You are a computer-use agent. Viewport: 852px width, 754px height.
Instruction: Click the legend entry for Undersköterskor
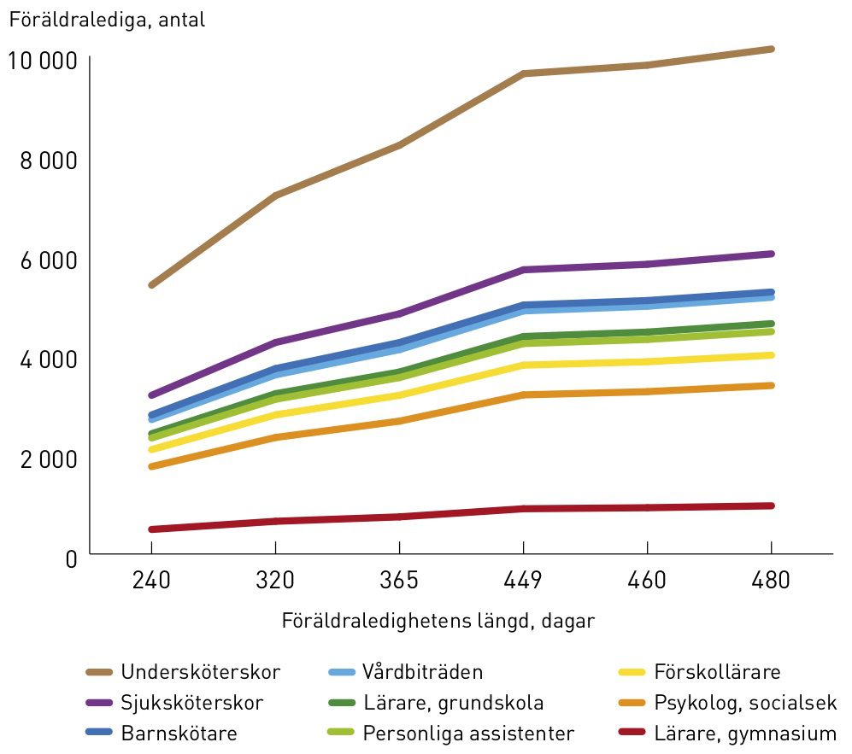pyautogui.click(x=183, y=672)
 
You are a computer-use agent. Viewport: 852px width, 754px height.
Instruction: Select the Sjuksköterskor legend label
pyautogui.click(x=174, y=703)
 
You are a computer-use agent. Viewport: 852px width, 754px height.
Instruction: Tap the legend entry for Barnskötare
pyautogui.click(x=162, y=734)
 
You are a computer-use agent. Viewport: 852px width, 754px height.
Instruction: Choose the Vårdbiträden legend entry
pyautogui.click(x=405, y=672)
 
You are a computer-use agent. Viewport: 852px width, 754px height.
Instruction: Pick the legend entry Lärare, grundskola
pyautogui.click(x=436, y=703)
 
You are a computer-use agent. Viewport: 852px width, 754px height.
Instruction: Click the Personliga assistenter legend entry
pyautogui.click(x=451, y=734)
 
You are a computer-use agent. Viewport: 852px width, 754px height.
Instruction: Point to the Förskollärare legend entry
pyautogui.click(x=699, y=672)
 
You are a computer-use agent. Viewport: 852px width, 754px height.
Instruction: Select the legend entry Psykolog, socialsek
pyautogui.click(x=727, y=703)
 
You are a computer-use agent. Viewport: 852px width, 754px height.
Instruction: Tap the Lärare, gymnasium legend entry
pyautogui.click(x=727, y=734)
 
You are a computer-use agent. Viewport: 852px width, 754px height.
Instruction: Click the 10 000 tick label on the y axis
pyautogui.click(x=43, y=61)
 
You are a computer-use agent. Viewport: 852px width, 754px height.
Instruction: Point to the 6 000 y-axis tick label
pyautogui.click(x=49, y=260)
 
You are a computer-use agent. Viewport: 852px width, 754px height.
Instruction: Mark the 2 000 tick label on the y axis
pyautogui.click(x=49, y=459)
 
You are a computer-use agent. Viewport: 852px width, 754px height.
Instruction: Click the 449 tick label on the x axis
pyautogui.click(x=523, y=581)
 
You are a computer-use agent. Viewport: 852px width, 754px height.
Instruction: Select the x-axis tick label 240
pyautogui.click(x=151, y=581)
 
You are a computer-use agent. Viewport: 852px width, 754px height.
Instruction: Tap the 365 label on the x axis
pyautogui.click(x=399, y=581)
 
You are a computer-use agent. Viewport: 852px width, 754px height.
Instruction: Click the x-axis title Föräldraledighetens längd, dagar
pyautogui.click(x=438, y=621)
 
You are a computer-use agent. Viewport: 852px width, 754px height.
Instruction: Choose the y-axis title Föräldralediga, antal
pyautogui.click(x=107, y=20)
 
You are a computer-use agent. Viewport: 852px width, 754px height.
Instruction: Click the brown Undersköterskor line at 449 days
pyautogui.click(x=523, y=73)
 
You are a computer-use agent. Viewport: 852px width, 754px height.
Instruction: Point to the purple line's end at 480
pyautogui.click(x=771, y=254)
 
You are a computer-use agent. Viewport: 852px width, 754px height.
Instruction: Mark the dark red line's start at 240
pyautogui.click(x=151, y=529)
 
